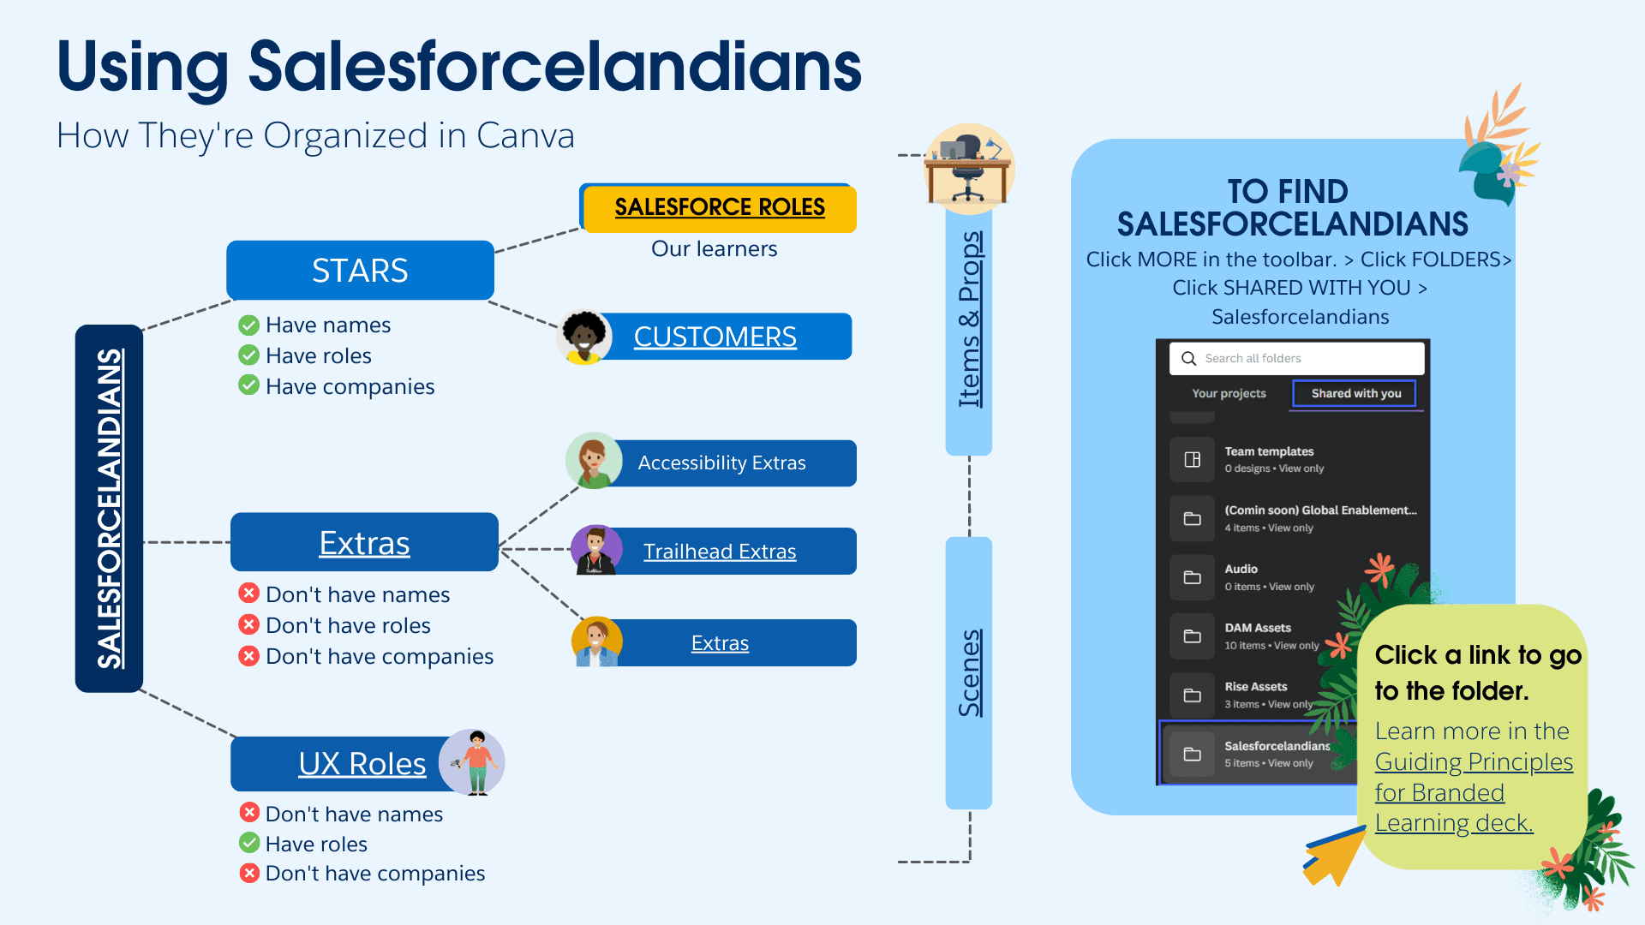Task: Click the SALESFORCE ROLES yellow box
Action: pos(720,207)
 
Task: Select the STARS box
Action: pos(360,271)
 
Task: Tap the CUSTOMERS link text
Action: pos(715,337)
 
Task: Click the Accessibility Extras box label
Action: pos(721,463)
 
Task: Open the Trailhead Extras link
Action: pos(720,552)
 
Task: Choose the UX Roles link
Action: pos(362,763)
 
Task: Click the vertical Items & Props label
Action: pos(969,319)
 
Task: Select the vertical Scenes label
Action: pos(969,673)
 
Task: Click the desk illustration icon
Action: pos(968,169)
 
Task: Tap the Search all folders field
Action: pos(1296,359)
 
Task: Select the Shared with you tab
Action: pos(1355,393)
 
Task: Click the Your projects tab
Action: pos(1229,393)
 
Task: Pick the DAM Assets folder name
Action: pos(1257,628)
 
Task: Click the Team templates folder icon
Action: pos(1192,460)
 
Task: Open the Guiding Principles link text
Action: pos(1474,761)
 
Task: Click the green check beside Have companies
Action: pos(248,385)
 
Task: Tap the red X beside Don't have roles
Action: pos(248,624)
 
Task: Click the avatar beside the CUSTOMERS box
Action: pos(584,337)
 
